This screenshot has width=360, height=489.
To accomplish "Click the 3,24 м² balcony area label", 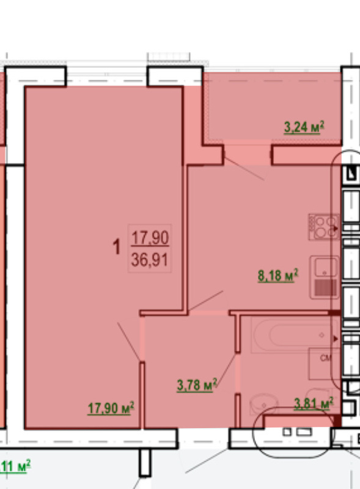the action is point(304,127).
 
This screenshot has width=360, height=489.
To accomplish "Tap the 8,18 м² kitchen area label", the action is point(277,276).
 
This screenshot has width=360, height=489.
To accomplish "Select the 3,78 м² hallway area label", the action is point(197,385).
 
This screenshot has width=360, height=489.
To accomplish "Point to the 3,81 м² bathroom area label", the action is point(314,403).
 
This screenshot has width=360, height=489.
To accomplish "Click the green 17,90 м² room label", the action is point(111,408).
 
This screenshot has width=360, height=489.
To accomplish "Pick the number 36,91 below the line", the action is point(150,260).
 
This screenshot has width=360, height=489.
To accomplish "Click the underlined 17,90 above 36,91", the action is point(150,238).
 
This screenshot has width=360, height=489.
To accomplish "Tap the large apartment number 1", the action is point(116,247).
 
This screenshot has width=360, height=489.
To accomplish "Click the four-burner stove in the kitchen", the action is point(324,227).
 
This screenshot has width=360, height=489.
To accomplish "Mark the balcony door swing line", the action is point(244,169).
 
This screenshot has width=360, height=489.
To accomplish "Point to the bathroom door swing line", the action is point(227,370).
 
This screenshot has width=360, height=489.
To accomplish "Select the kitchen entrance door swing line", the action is point(205,301).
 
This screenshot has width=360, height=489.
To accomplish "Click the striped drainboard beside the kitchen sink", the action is point(326,287).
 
